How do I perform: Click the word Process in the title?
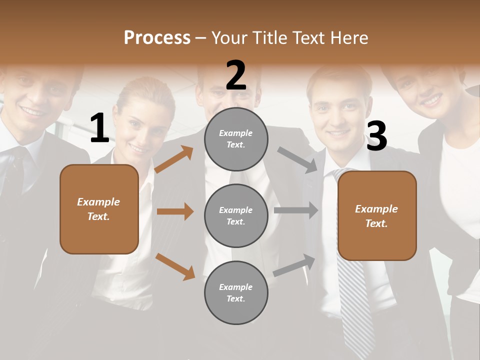point(157,38)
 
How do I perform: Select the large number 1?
point(99,128)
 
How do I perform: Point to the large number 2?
point(236,75)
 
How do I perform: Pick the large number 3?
point(376,136)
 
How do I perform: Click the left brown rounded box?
point(99,209)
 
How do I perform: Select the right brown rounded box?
point(377,215)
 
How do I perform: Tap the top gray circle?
point(236,139)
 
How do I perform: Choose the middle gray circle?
point(236,215)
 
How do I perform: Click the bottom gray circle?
point(236,292)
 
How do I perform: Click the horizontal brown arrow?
point(175,211)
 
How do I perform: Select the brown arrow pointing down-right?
point(175,266)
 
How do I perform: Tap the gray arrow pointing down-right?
point(298,159)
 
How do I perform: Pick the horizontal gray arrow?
point(296,210)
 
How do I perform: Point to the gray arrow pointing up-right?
point(294,265)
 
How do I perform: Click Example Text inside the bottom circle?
point(236,292)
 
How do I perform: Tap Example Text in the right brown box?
point(376,216)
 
